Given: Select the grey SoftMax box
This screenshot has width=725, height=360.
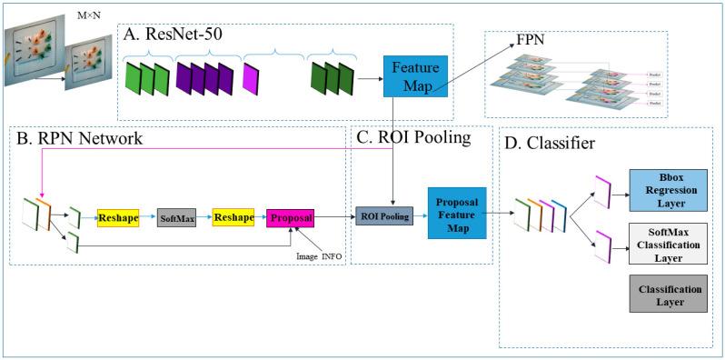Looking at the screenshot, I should click(176, 219).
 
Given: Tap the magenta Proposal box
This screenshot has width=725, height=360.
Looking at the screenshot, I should click(290, 219).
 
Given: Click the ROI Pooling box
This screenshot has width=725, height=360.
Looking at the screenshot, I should click(383, 217).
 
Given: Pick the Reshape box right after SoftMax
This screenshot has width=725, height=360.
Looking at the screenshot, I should click(233, 219).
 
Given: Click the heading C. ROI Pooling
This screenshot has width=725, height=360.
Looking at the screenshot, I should click(413, 138).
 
